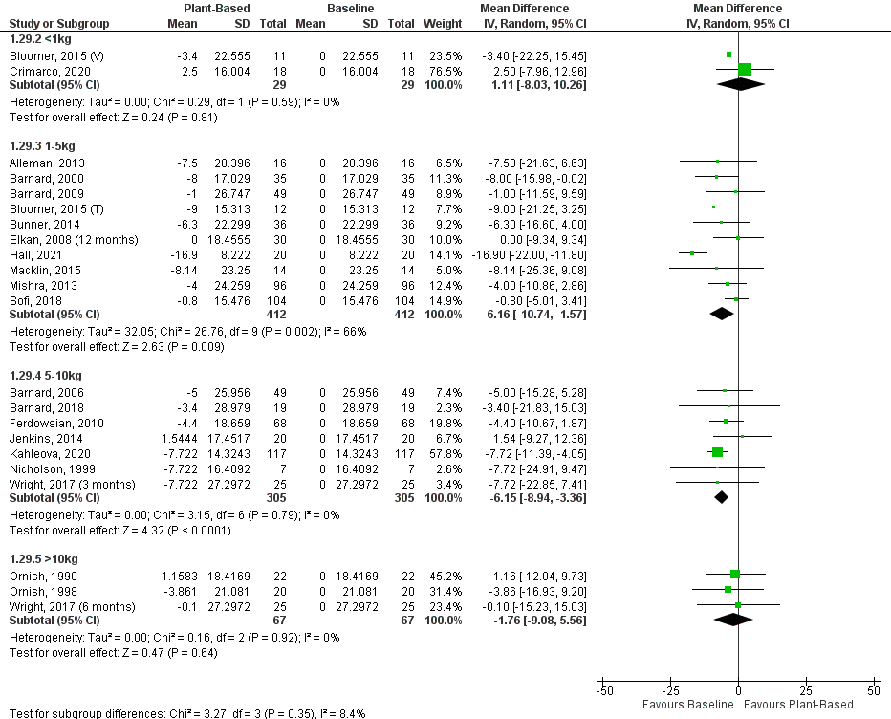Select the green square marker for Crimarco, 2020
(x=745, y=69)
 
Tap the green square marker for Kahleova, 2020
(x=717, y=451)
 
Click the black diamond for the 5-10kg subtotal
(x=722, y=496)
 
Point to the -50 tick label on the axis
(x=604, y=689)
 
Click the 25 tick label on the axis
(x=806, y=689)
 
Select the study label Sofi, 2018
(x=31, y=299)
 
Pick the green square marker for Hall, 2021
(x=692, y=253)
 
